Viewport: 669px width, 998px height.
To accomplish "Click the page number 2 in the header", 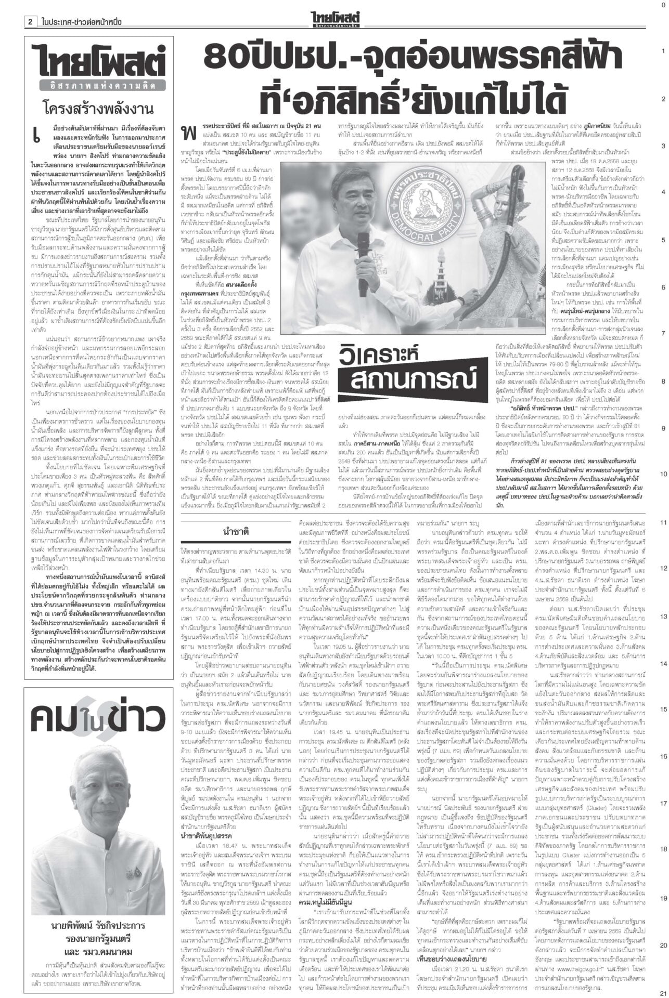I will pos(31,22).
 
